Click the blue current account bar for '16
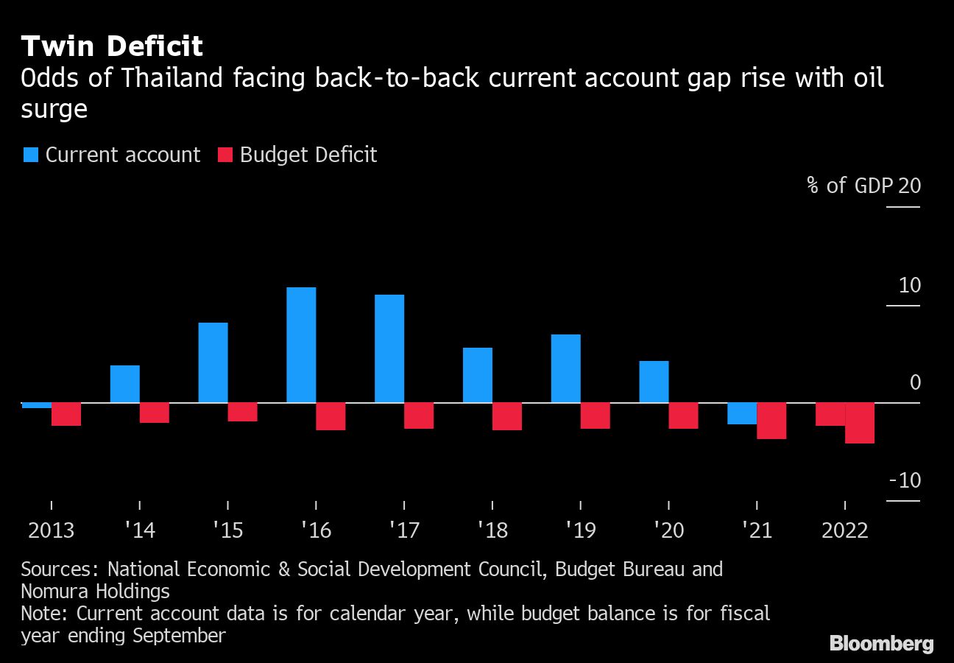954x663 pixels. pos(301,345)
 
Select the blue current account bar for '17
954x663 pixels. pos(389,348)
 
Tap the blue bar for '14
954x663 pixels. pos(124,384)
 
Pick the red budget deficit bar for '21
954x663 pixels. pos(771,421)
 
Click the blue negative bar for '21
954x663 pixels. pos(742,413)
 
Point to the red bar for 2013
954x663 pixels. pos(66,414)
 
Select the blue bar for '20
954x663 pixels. pos(654,382)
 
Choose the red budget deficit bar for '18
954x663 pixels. pos(506,416)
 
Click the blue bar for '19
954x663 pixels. pos(565,368)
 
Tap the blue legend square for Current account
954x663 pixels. pos(31,155)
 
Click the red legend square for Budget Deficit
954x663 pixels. pos(225,155)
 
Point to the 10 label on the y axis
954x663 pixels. pos(910,285)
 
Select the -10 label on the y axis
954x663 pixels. pos(905,480)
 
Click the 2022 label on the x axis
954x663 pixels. pos(844,530)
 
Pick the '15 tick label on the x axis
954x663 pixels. pos(227,530)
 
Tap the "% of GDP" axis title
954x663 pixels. pos(849,185)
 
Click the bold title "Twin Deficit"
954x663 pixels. pos(112,46)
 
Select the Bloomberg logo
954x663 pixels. pos(881,643)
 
